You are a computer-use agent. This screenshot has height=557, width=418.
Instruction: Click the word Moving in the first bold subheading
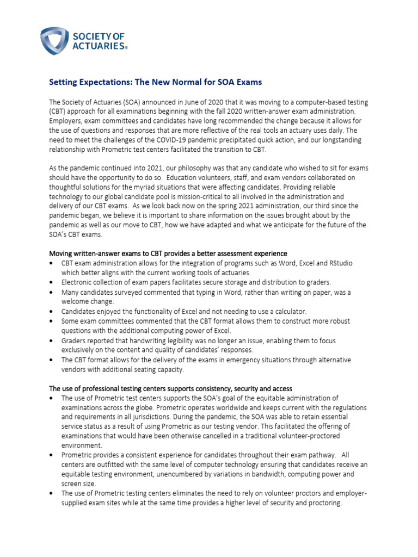[62, 253]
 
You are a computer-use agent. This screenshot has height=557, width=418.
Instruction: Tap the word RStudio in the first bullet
[339, 263]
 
